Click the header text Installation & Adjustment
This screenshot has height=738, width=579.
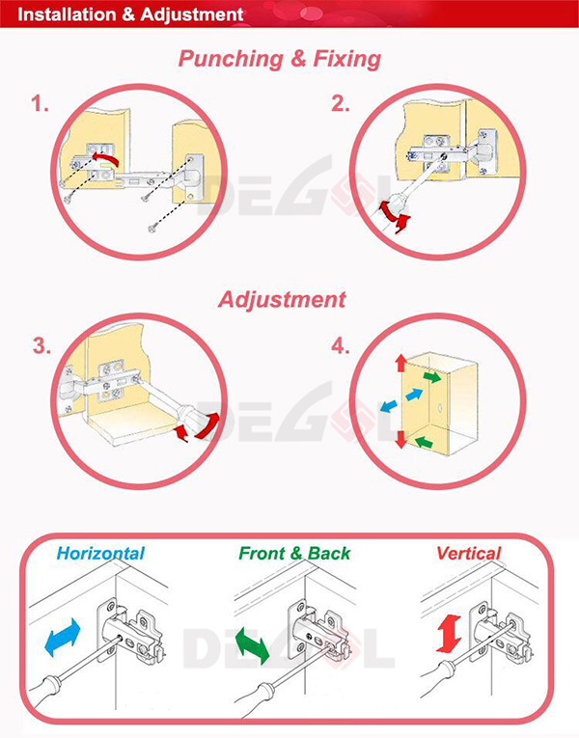(x=130, y=15)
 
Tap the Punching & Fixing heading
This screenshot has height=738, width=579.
(x=280, y=59)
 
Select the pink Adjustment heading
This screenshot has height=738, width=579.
(x=281, y=299)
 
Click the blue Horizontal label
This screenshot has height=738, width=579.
(x=100, y=554)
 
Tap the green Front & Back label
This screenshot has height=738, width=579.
(x=294, y=554)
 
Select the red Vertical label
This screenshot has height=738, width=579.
(x=469, y=554)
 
